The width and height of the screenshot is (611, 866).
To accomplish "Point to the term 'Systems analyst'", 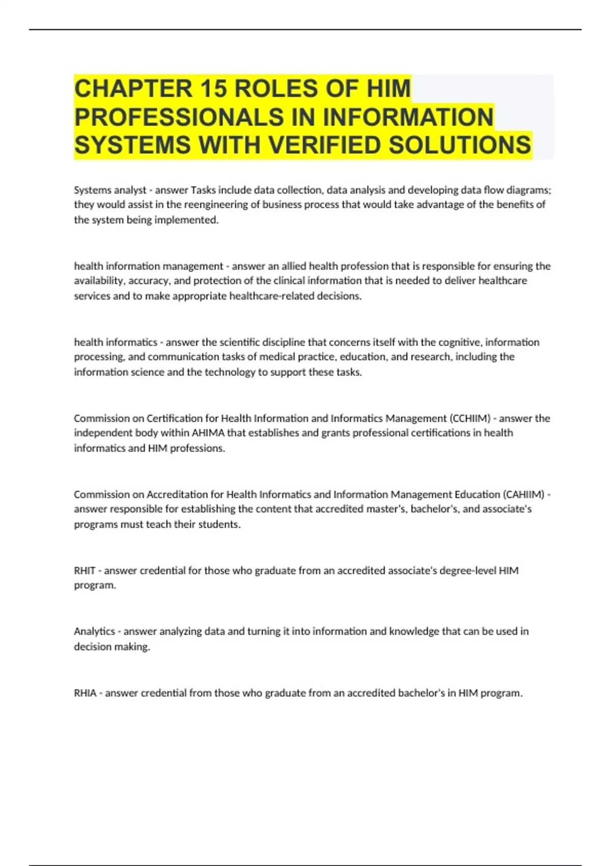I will pyautogui.click(x=110, y=190).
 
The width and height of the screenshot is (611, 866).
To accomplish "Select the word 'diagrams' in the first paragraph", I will pyautogui.click(x=530, y=190).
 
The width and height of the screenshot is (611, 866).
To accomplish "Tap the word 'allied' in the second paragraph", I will pyautogui.click(x=293, y=266).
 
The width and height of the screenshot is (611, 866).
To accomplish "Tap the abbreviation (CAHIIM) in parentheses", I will pyautogui.click(x=523, y=494).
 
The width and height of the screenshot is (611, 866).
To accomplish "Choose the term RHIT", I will pyautogui.click(x=85, y=571).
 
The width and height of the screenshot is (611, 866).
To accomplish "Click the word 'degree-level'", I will pyautogui.click(x=467, y=571).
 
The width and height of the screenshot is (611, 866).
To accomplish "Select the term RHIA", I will pyautogui.click(x=85, y=693).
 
